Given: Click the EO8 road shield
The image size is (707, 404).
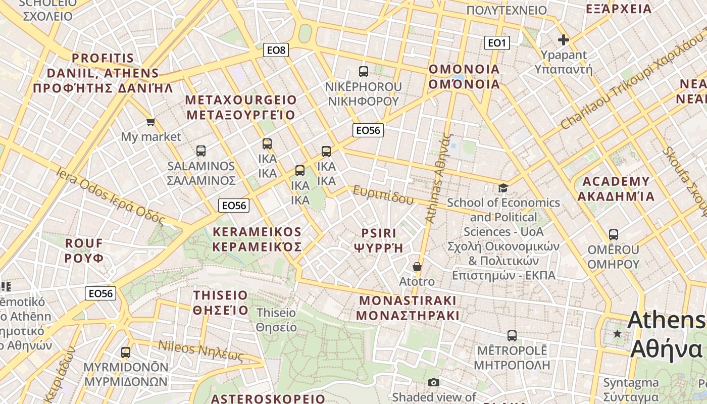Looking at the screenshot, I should (276, 50).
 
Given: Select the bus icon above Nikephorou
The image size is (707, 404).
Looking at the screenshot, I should (363, 72).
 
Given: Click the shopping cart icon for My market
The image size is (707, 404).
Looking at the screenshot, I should (150, 122).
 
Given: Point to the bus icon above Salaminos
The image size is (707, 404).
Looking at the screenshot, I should (200, 150).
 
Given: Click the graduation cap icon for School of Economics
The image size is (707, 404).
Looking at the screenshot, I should (503, 188).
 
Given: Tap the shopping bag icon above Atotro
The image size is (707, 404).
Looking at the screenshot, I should (417, 267).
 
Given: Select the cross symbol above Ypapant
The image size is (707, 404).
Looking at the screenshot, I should (564, 40).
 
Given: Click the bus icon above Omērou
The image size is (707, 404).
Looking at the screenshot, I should (614, 235).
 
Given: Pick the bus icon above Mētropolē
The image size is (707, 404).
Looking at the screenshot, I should (512, 335).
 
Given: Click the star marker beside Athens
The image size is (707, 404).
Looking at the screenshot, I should (617, 334).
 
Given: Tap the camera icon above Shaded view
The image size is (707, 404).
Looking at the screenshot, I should (433, 383).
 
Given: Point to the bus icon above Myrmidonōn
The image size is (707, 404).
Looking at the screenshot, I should (126, 352).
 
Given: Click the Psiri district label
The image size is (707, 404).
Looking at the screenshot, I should (379, 240).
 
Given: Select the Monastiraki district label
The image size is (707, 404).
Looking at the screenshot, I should (408, 308).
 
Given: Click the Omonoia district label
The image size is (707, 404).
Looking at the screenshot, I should (464, 76).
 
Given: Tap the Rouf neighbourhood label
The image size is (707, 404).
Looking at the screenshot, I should (84, 250).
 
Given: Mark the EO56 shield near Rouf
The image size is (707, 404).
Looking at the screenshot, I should (100, 293).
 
